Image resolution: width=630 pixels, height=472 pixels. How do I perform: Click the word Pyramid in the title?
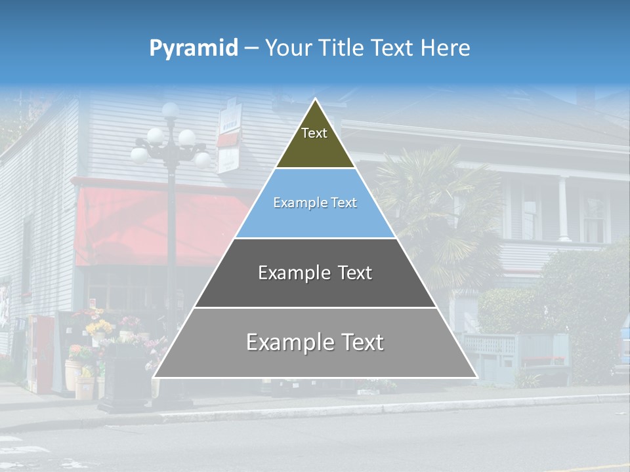coord(193,48)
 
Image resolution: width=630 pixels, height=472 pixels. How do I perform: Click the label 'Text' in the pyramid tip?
coord(314,133)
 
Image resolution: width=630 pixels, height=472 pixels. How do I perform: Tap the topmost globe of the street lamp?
coord(171,110)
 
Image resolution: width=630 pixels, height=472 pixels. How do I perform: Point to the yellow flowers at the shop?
coord(98,326)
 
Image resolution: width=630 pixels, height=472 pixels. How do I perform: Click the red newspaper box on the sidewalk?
coord(41,354)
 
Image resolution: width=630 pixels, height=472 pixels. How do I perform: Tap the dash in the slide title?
coord(251,48)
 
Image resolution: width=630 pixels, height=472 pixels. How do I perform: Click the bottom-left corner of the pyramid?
coord(154,377)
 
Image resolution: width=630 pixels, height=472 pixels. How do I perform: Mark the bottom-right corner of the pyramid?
coord(476,377)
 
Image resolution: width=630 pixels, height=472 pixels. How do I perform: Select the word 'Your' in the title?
coord(287,48)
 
